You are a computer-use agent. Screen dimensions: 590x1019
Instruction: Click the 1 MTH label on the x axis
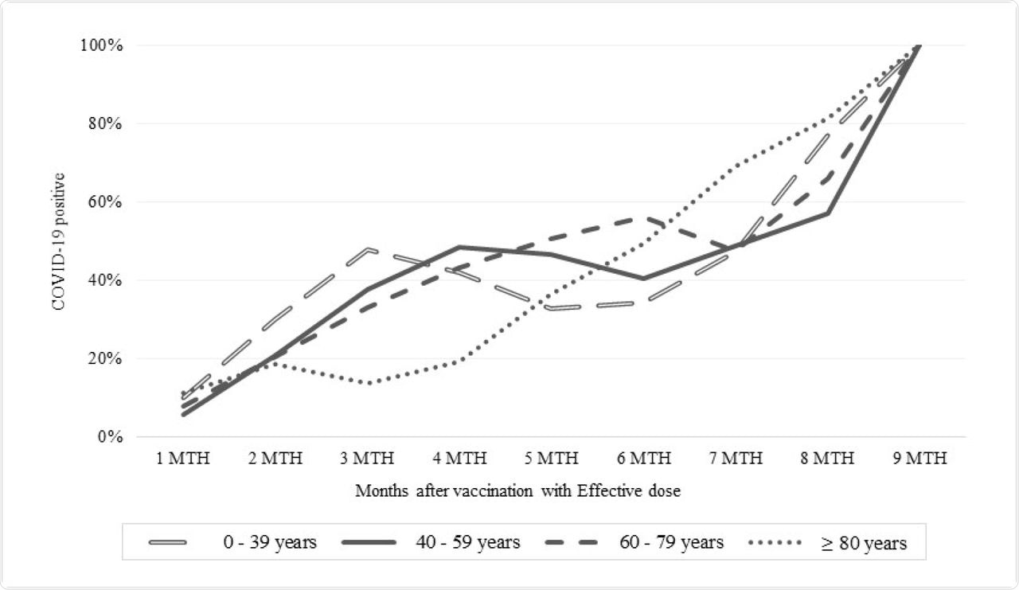183,459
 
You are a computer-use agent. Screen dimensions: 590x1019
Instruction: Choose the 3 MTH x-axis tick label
367,459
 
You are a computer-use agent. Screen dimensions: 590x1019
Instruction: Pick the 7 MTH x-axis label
736,459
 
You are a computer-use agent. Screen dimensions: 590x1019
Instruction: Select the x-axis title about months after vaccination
517,491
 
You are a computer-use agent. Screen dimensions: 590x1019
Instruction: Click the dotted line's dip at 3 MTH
369,383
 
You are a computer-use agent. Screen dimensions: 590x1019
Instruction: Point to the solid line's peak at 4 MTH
460,247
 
